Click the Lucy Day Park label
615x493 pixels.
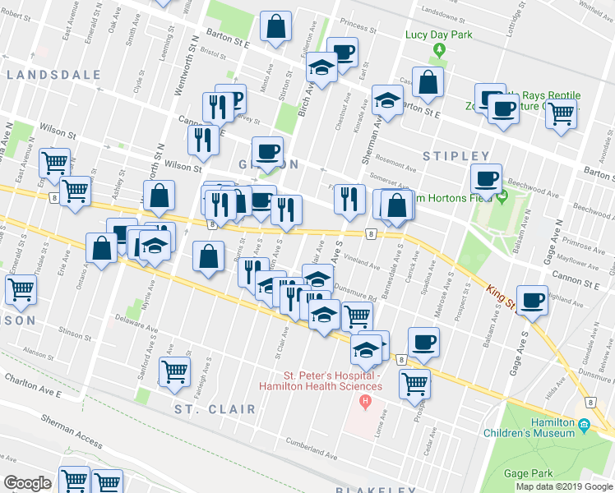[438, 35]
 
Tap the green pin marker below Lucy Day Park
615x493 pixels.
[439, 50]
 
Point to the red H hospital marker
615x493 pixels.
[366, 402]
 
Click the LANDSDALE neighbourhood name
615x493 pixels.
[53, 75]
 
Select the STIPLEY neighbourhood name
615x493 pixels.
[456, 156]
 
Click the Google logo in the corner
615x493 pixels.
[27, 483]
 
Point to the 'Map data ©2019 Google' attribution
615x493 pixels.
[564, 486]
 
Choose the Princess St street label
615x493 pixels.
[352, 27]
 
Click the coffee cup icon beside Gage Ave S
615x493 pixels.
[533, 300]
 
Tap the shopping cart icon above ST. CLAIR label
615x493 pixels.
[174, 372]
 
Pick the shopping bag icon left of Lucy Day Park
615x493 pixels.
[428, 81]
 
